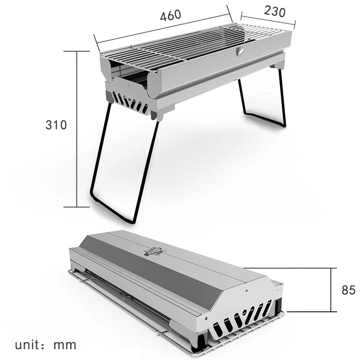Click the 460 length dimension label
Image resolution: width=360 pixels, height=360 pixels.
tap(171, 15)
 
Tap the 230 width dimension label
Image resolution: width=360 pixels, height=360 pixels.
tap(274, 11)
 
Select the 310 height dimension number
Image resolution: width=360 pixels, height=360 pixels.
tap(56, 125)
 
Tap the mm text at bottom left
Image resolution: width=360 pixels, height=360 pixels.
tap(66, 346)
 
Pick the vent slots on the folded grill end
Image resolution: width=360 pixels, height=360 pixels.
tap(243, 318)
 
